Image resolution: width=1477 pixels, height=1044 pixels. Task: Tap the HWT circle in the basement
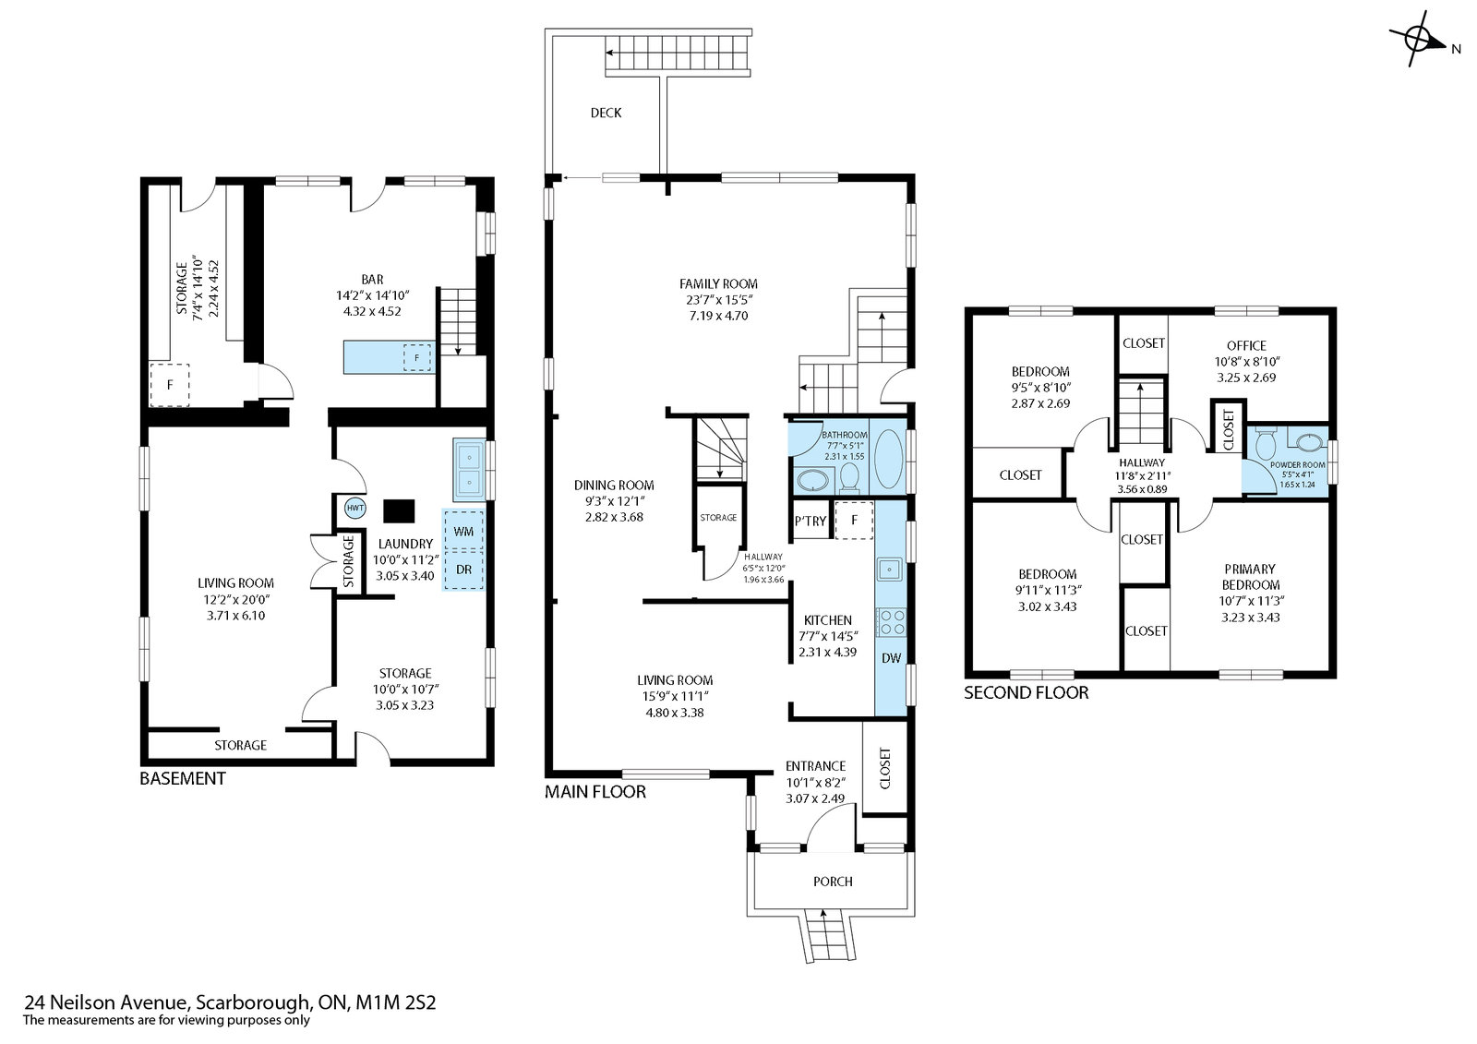tap(355, 508)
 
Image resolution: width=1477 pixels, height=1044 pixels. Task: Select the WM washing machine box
tap(463, 531)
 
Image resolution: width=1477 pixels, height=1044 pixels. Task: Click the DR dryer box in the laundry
tap(463, 570)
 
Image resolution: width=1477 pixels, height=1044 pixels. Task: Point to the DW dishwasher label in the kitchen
tap(891, 657)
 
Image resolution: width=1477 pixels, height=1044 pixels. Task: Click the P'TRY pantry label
tap(811, 521)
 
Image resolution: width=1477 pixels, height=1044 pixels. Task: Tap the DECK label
tap(606, 113)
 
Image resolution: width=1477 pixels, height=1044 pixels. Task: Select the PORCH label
tap(833, 882)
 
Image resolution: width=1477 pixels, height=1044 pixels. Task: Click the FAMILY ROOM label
tap(718, 283)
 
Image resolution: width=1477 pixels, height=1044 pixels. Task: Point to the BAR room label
tap(372, 279)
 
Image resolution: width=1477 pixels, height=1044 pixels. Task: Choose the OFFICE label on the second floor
tap(1246, 345)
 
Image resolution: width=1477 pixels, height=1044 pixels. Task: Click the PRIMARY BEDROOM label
tap(1250, 576)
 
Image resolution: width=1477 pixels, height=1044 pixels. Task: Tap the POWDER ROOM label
tap(1298, 464)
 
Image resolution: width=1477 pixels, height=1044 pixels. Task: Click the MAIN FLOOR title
tap(595, 791)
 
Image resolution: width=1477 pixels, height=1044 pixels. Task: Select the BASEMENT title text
tap(183, 778)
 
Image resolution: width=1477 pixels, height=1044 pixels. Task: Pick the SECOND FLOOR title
tap(1026, 692)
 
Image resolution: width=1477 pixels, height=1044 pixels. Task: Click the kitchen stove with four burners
tap(892, 622)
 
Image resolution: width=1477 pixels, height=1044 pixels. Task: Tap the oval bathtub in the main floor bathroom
tap(888, 459)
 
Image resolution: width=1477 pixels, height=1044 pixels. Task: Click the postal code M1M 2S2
tap(396, 1002)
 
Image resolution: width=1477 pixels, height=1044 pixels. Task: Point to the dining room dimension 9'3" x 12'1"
tap(614, 501)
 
